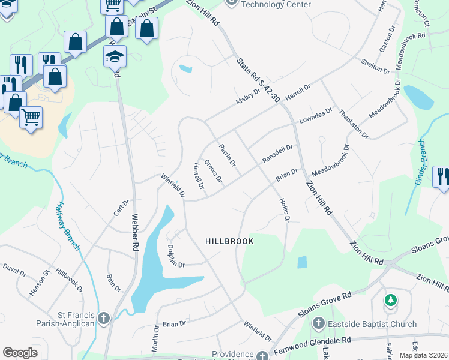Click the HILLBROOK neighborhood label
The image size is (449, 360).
(229, 241)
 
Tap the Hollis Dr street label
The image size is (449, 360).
(284, 211)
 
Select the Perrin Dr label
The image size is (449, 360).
(228, 155)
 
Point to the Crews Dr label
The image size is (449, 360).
(213, 171)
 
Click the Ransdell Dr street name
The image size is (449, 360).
(277, 154)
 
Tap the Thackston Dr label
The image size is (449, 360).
(353, 124)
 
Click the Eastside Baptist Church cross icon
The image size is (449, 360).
(318, 325)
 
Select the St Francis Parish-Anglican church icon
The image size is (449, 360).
(103, 318)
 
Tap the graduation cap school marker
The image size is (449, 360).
(115, 56)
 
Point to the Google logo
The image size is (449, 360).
(20, 352)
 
